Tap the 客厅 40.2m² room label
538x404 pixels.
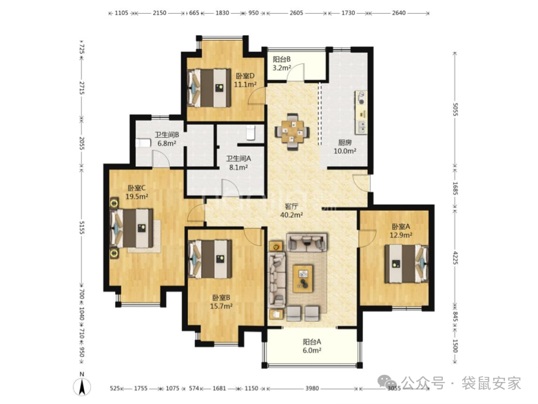click(x=291, y=211)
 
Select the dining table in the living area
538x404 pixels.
click(x=292, y=132)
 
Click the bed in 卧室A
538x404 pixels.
click(x=406, y=263)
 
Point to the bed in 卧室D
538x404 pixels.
click(x=209, y=88)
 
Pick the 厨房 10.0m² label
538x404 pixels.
click(x=345, y=147)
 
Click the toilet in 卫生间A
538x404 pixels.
click(x=251, y=132)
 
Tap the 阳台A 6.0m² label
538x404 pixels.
click(x=312, y=346)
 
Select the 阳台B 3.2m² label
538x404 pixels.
click(x=282, y=63)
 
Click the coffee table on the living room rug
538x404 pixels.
click(x=303, y=279)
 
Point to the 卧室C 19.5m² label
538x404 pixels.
click(x=136, y=192)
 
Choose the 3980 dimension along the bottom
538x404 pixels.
click(x=312, y=388)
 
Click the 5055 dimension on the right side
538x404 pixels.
click(x=455, y=109)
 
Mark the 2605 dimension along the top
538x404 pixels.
click(x=296, y=13)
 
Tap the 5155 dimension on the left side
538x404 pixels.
click(x=82, y=228)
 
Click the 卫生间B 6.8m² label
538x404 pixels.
click(x=167, y=139)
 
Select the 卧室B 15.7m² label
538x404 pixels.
click(x=221, y=302)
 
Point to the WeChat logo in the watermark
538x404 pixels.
click(x=387, y=383)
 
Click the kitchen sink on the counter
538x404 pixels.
click(x=361, y=127)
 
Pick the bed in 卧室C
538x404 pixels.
click(x=132, y=228)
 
